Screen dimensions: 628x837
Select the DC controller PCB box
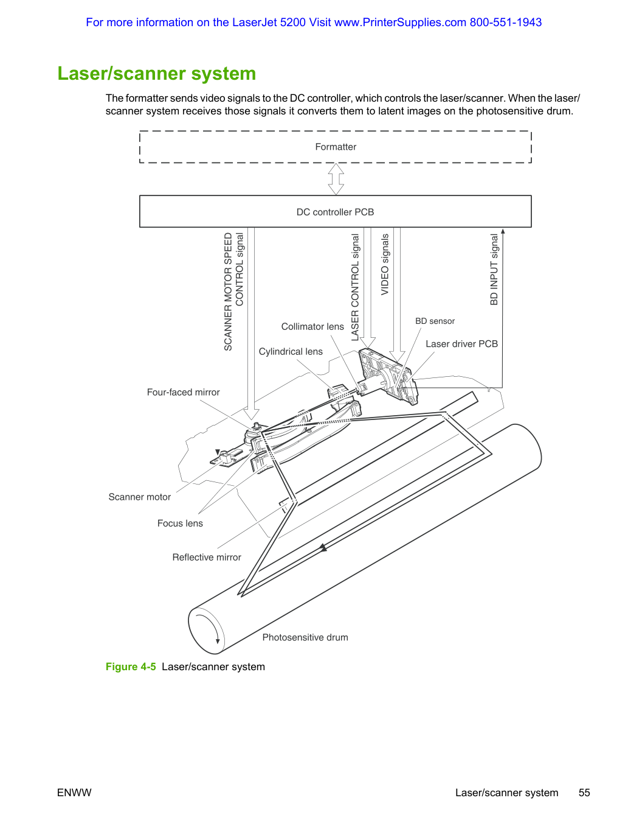click(x=335, y=211)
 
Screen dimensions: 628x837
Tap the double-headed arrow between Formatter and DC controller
click(x=336, y=179)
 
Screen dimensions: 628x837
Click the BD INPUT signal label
click(x=494, y=269)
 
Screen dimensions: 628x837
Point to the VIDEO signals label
click(x=385, y=264)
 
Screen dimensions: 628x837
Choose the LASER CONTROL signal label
click(x=355, y=287)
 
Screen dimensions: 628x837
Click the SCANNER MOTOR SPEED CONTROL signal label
click(x=233, y=292)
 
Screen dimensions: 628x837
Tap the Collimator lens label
click(x=312, y=326)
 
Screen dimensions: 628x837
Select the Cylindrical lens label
click(x=291, y=351)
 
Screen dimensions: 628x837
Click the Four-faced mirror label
click(x=183, y=392)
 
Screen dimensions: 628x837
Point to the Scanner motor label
click(x=139, y=497)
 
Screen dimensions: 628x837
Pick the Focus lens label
click(x=180, y=523)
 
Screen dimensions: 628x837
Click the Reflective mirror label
click(x=207, y=557)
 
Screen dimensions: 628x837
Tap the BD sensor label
click(x=435, y=321)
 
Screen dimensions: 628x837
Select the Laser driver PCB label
click(x=461, y=343)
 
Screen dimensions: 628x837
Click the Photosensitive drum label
click(x=305, y=637)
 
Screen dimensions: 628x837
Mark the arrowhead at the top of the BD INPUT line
click(x=503, y=231)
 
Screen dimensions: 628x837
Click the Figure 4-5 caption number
click(x=131, y=667)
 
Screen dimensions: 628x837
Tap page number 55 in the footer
click(x=584, y=793)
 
